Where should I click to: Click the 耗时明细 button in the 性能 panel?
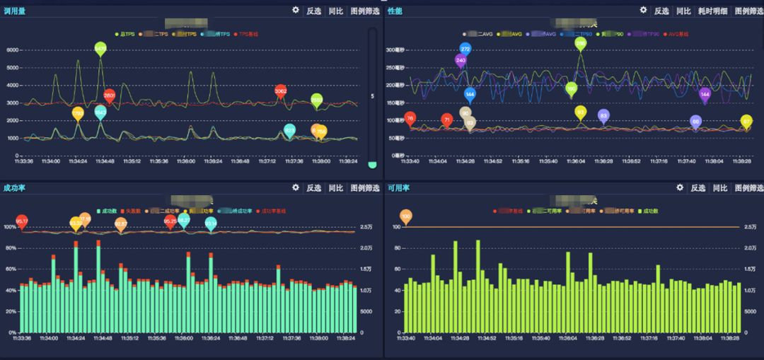(712, 11)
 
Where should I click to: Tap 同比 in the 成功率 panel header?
(336, 188)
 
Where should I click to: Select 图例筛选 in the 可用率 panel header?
(748, 188)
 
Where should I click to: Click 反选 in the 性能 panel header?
(661, 11)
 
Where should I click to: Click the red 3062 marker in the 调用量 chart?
(281, 91)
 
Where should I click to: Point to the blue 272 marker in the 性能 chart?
(465, 49)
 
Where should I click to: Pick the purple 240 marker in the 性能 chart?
(461, 61)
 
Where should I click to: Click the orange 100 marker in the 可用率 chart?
(405, 215)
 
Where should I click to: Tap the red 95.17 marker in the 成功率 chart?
(22, 221)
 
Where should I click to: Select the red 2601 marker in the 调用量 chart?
(110, 95)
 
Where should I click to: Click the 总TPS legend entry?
(125, 33)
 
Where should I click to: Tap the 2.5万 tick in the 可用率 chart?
(750, 227)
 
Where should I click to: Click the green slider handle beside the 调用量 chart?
(373, 164)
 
